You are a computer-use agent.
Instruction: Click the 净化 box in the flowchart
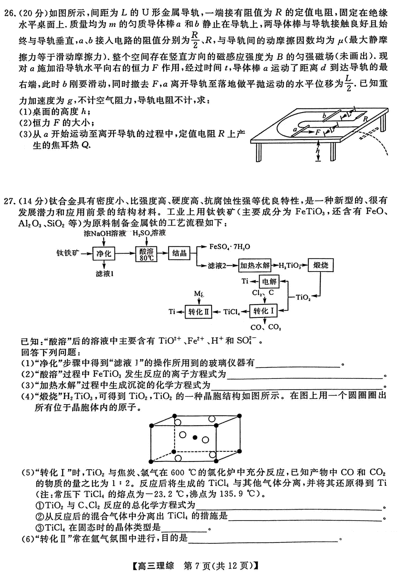click(104, 253)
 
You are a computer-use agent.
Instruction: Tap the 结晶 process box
click(179, 253)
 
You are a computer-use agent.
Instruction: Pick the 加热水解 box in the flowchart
click(255, 265)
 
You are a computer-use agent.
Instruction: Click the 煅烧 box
click(321, 265)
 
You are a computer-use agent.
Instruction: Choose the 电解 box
click(269, 281)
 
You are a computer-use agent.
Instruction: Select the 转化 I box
click(263, 311)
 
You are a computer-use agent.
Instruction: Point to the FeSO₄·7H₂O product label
click(230, 247)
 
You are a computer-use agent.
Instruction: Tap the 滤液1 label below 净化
click(104, 274)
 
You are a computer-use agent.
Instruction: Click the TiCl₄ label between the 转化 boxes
click(231, 312)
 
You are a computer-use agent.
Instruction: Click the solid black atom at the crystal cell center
click(195, 438)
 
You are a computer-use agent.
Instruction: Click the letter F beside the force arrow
click(317, 132)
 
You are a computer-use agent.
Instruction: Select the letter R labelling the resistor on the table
click(365, 119)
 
